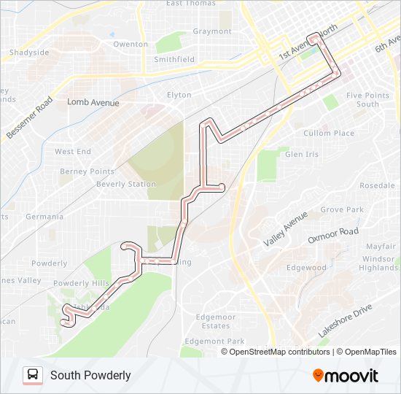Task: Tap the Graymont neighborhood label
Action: click(212, 31)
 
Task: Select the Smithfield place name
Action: click(175, 59)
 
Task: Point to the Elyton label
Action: click(179, 95)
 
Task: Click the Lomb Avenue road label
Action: click(93, 104)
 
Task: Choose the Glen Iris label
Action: click(302, 155)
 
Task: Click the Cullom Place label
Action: click(328, 134)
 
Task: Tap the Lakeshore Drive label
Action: click(345, 320)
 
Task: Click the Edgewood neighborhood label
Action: click(306, 268)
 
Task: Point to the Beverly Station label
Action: click(126, 185)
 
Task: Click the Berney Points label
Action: click(87, 171)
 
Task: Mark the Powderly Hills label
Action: click(81, 284)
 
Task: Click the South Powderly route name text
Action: click(90, 376)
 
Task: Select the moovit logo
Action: click(346, 376)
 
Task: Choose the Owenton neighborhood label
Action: click(131, 45)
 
